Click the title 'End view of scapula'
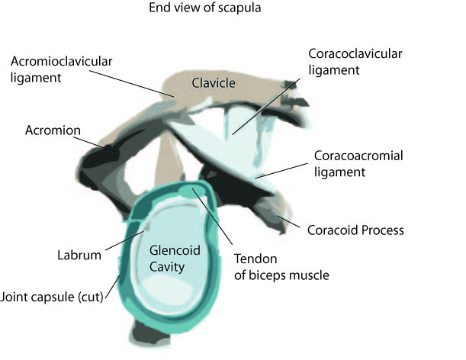tap(204, 8)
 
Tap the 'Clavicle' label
tap(214, 83)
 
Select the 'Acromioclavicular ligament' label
tap(61, 69)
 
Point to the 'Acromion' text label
tap(53, 130)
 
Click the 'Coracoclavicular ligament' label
tap(355, 62)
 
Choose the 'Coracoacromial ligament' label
tap(358, 164)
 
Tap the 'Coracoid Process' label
tap(355, 230)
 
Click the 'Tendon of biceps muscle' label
tap(281, 267)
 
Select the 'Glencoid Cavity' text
tap(175, 259)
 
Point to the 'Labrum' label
tap(79, 256)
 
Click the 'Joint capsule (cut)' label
tap(52, 297)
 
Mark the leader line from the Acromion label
tap(98, 144)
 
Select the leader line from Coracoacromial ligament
tap(281, 171)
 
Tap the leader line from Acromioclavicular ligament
tap(132, 84)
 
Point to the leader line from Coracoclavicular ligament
tap(266, 107)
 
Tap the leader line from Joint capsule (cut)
tap(113, 287)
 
